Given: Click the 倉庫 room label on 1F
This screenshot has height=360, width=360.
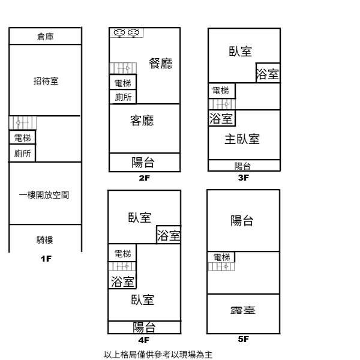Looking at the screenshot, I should pos(45,37).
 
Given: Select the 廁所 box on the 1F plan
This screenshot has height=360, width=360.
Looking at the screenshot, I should pos(22,154).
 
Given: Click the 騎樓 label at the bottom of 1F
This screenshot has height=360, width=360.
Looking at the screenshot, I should pos(45,239).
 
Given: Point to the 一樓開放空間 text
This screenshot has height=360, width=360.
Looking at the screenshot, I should pos(44,195).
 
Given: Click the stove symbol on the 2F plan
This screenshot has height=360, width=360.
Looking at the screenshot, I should pos(126,33).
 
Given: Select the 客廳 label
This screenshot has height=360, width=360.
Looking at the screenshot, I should pos(142,121).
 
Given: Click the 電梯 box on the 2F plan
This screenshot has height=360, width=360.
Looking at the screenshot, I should pos(122,83).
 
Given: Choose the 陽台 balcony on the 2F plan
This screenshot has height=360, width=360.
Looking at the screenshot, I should pos(143,162).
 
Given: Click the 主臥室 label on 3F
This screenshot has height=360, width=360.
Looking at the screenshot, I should pos(242,139).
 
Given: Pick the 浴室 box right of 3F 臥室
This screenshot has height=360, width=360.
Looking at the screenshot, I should pos(268,74).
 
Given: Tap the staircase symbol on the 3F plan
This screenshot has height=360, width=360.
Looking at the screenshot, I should pos(221,104).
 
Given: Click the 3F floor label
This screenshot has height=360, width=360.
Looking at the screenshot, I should pos(243,178).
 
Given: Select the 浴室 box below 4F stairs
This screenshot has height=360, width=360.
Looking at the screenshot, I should pos(122,280).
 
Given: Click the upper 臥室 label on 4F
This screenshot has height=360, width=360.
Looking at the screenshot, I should pos(139,218).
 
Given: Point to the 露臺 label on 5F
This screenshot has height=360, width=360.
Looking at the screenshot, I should pos(242,311).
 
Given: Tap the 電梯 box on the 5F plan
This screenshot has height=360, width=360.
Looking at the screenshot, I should pos(221,257).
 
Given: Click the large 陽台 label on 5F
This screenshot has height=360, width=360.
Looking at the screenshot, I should pos(242,221).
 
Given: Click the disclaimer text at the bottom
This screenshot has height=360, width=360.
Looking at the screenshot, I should pos(158,354).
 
